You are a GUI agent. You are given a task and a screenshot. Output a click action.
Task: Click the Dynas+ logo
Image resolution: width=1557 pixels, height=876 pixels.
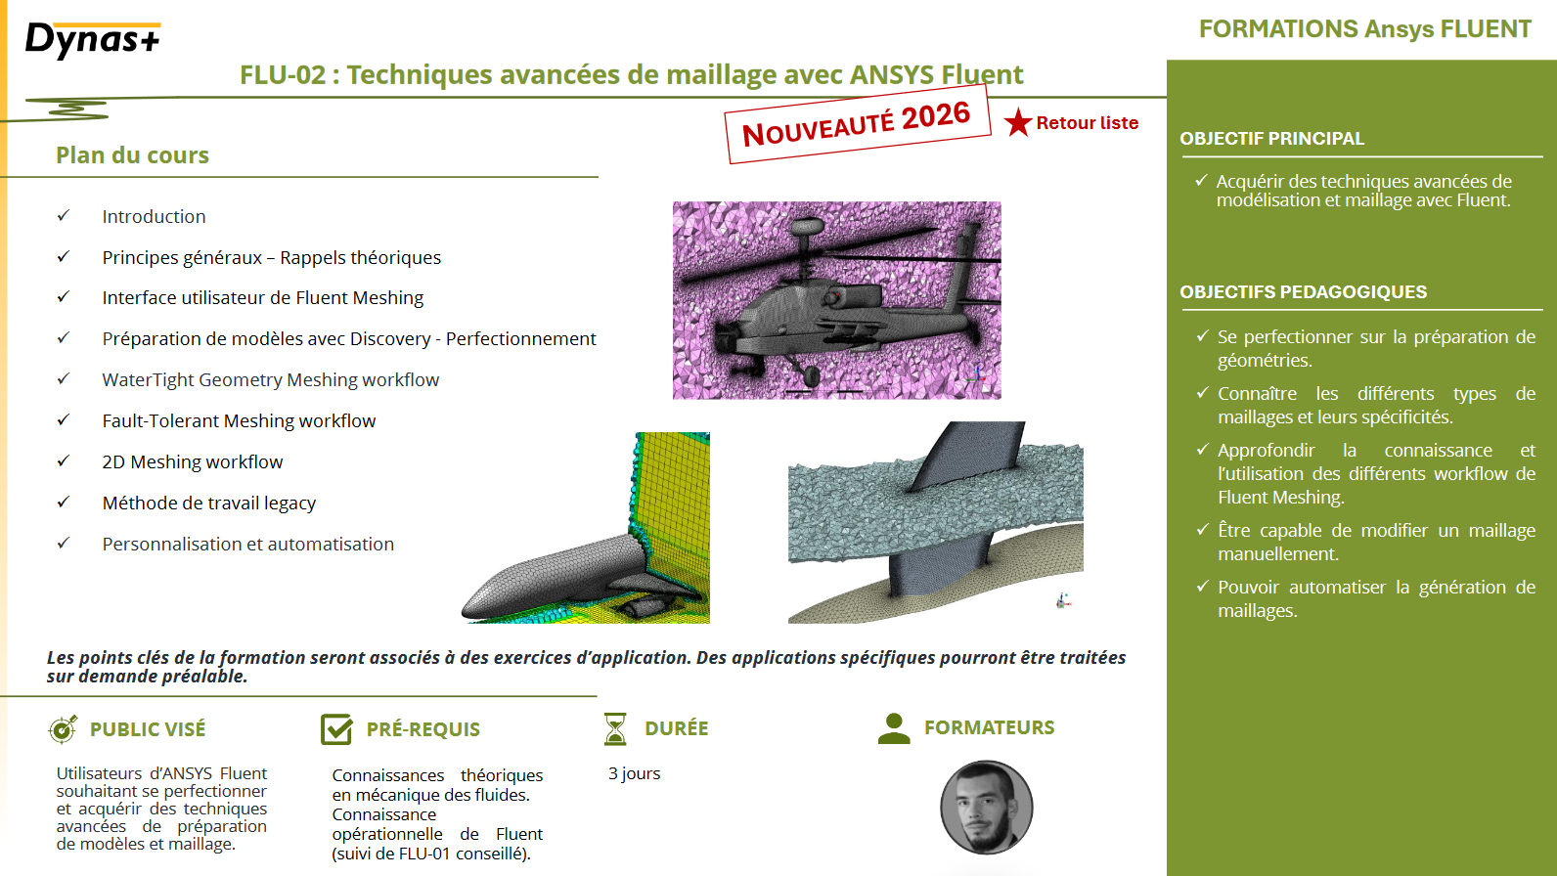click(93, 40)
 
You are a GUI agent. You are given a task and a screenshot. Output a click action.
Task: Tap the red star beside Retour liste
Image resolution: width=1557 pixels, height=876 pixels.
click(1018, 122)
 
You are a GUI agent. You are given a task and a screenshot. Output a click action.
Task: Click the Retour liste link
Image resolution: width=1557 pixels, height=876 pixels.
click(1088, 123)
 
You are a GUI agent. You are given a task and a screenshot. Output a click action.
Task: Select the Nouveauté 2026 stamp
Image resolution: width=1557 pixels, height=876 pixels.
click(857, 123)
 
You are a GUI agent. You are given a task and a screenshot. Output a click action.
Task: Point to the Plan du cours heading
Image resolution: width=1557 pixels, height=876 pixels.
click(132, 154)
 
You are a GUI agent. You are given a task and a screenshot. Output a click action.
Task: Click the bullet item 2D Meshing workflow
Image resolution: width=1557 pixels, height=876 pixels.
click(193, 462)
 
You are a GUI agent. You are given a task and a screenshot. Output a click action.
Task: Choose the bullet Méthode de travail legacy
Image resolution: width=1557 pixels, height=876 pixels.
click(209, 503)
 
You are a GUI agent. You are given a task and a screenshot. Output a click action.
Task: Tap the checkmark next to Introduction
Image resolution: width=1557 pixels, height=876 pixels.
click(64, 215)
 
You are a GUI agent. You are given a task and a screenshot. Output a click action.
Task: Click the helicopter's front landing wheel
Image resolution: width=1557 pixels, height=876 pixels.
click(811, 375)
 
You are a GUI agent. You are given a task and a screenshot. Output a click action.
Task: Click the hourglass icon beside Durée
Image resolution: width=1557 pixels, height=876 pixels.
click(615, 728)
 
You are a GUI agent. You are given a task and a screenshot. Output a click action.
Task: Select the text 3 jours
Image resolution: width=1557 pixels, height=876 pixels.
click(634, 773)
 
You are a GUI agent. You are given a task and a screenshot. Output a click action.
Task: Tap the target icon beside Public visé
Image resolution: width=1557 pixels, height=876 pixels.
click(63, 729)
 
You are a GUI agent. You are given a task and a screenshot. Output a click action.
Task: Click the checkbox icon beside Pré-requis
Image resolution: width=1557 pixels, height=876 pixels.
click(336, 728)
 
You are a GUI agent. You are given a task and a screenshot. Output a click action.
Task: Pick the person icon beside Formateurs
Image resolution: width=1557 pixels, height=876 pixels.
click(894, 728)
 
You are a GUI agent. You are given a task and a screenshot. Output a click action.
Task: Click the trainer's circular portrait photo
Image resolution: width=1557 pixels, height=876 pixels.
click(987, 808)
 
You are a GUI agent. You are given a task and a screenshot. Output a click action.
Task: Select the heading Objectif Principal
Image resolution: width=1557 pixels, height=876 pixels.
click(1272, 138)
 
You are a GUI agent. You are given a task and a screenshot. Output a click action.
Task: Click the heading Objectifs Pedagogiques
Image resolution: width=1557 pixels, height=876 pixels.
click(1304, 291)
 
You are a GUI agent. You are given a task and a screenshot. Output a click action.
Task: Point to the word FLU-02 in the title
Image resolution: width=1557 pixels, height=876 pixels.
click(283, 74)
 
